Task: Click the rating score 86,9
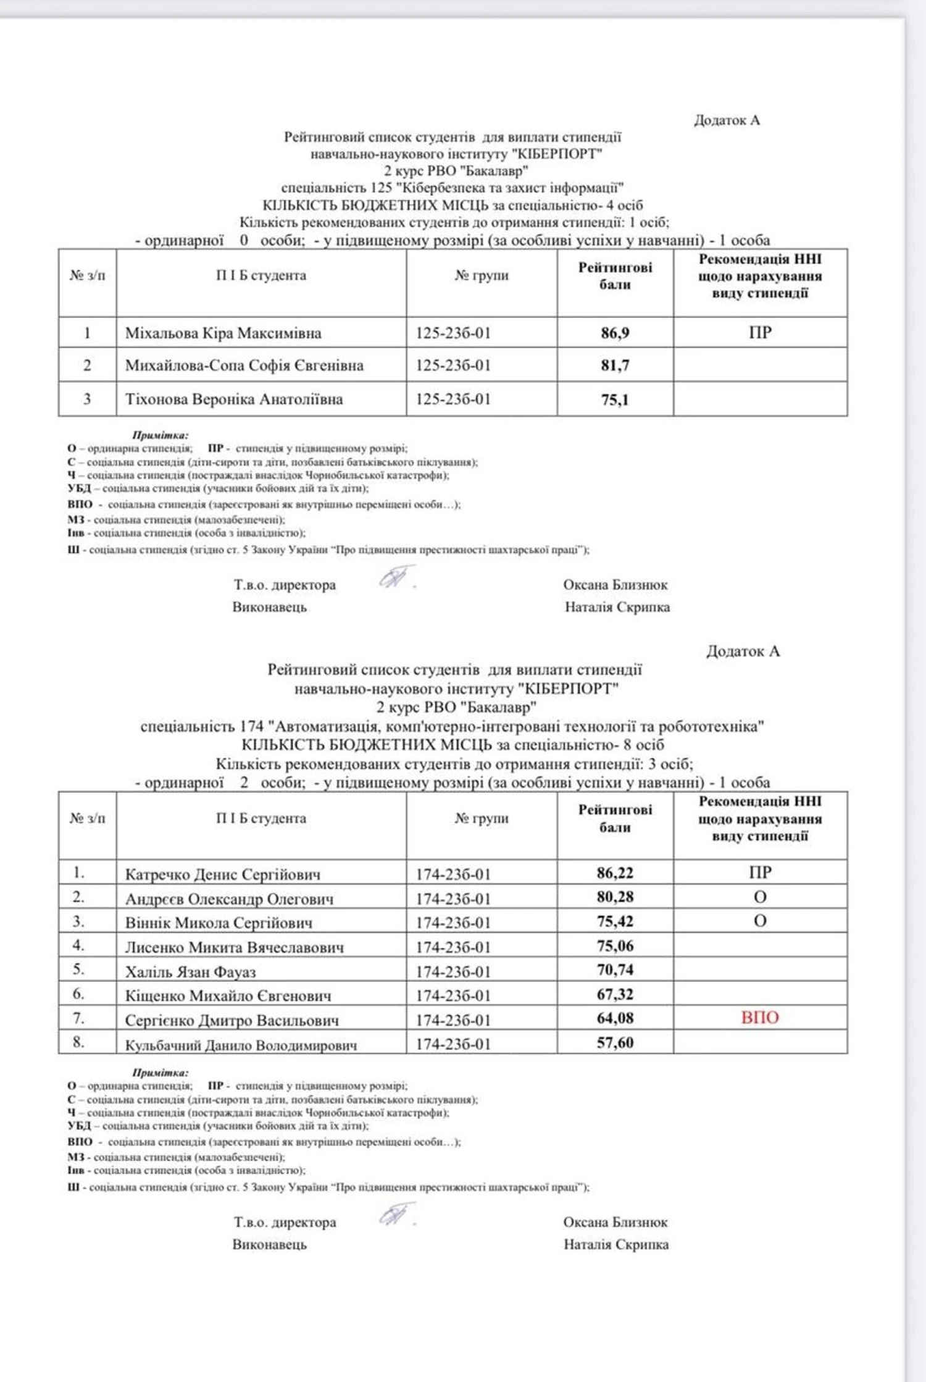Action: (615, 333)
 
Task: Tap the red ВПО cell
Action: (760, 1018)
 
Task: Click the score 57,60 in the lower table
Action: (615, 1043)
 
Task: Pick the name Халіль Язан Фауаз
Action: (190, 972)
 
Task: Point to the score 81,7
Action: (615, 366)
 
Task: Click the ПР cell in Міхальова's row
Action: (760, 333)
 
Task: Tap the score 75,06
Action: (615, 946)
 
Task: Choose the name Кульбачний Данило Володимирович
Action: (241, 1045)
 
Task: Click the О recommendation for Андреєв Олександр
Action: (760, 897)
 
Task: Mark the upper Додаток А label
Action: (727, 120)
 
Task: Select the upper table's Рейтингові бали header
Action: (615, 276)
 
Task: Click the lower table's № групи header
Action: (482, 818)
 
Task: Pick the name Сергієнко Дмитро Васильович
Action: (232, 1021)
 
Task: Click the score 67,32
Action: (615, 994)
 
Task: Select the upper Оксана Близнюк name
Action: (615, 585)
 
